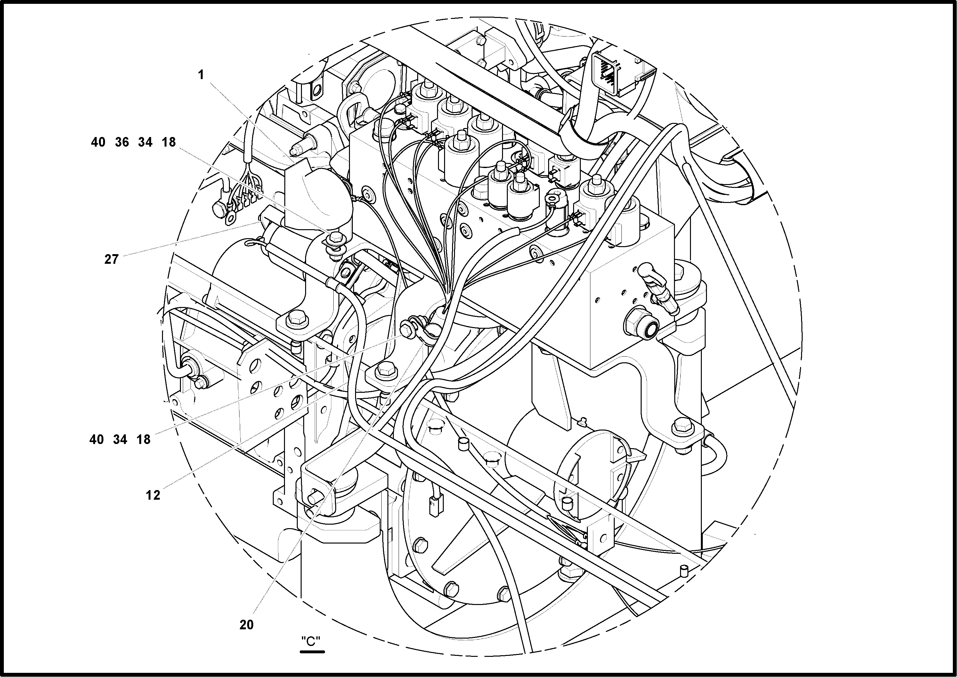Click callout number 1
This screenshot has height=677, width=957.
(201, 75)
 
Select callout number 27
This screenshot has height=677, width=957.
(111, 259)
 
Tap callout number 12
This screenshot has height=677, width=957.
(153, 495)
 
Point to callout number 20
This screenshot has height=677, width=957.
(247, 625)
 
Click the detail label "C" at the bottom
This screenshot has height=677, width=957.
(312, 641)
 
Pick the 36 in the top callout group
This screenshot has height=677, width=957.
(122, 142)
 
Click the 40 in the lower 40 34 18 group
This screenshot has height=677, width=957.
(96, 439)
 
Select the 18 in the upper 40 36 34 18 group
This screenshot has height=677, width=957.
(168, 142)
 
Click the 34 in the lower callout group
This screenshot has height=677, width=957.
(120, 439)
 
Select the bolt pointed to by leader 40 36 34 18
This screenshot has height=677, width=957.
(334, 239)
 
